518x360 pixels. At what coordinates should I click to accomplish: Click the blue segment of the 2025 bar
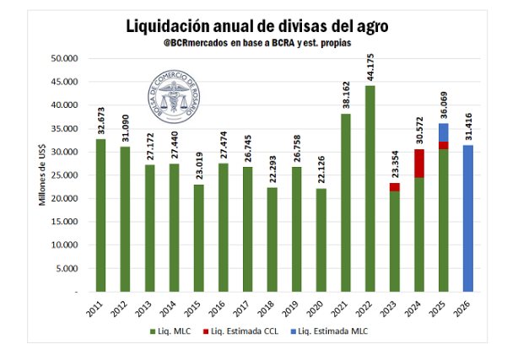[444, 132]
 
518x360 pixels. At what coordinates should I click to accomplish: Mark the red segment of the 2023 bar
[395, 186]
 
